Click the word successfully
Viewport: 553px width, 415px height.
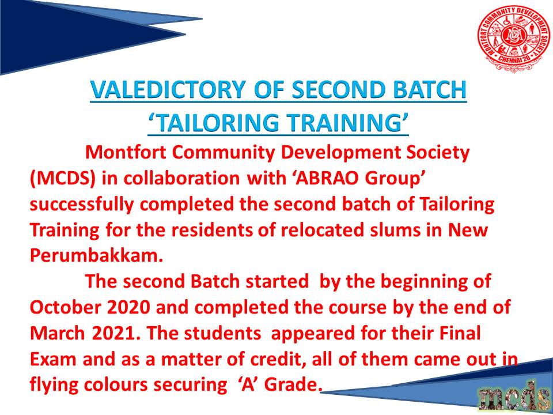81,206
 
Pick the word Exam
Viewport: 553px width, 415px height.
53,359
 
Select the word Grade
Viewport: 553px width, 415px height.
293,385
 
